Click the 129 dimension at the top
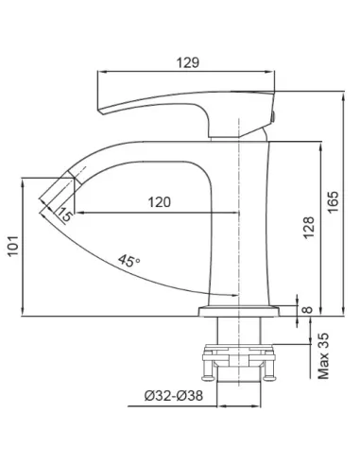click(187, 62)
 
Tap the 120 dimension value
click(160, 202)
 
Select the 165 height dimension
click(334, 202)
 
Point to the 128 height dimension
click(309, 228)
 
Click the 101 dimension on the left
click(13, 246)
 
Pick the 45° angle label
click(129, 261)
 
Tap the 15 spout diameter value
click(65, 215)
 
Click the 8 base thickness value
click(307, 310)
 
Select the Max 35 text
click(323, 356)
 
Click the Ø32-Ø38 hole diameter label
click(174, 396)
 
